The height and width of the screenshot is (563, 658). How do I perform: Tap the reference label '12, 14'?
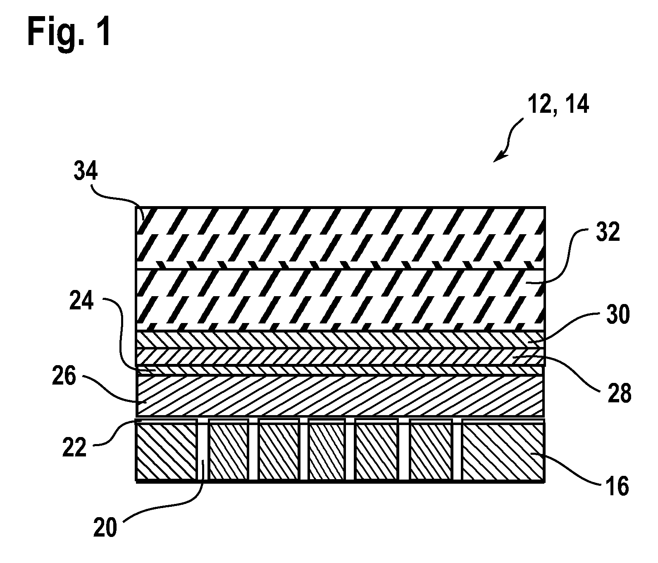[x=558, y=105]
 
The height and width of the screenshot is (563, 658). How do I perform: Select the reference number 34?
[x=86, y=171]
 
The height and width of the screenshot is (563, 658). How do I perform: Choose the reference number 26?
[x=65, y=378]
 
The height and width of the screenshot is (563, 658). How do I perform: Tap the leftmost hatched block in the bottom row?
[x=167, y=450]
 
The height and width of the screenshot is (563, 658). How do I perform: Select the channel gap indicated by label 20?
[x=203, y=450]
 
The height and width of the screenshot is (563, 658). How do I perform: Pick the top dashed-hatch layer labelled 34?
[x=340, y=238]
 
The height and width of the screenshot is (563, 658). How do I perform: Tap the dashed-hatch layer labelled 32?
[x=340, y=300]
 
